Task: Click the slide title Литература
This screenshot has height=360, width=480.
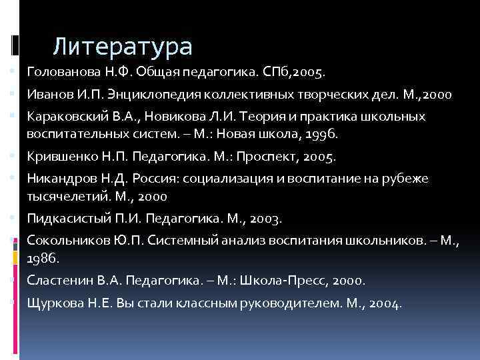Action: point(123,47)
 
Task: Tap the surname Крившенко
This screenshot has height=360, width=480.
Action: point(58,157)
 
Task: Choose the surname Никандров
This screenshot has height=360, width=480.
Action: point(57,179)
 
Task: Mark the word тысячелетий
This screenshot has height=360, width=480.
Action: point(57,197)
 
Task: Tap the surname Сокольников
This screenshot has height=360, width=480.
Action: point(62,241)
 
